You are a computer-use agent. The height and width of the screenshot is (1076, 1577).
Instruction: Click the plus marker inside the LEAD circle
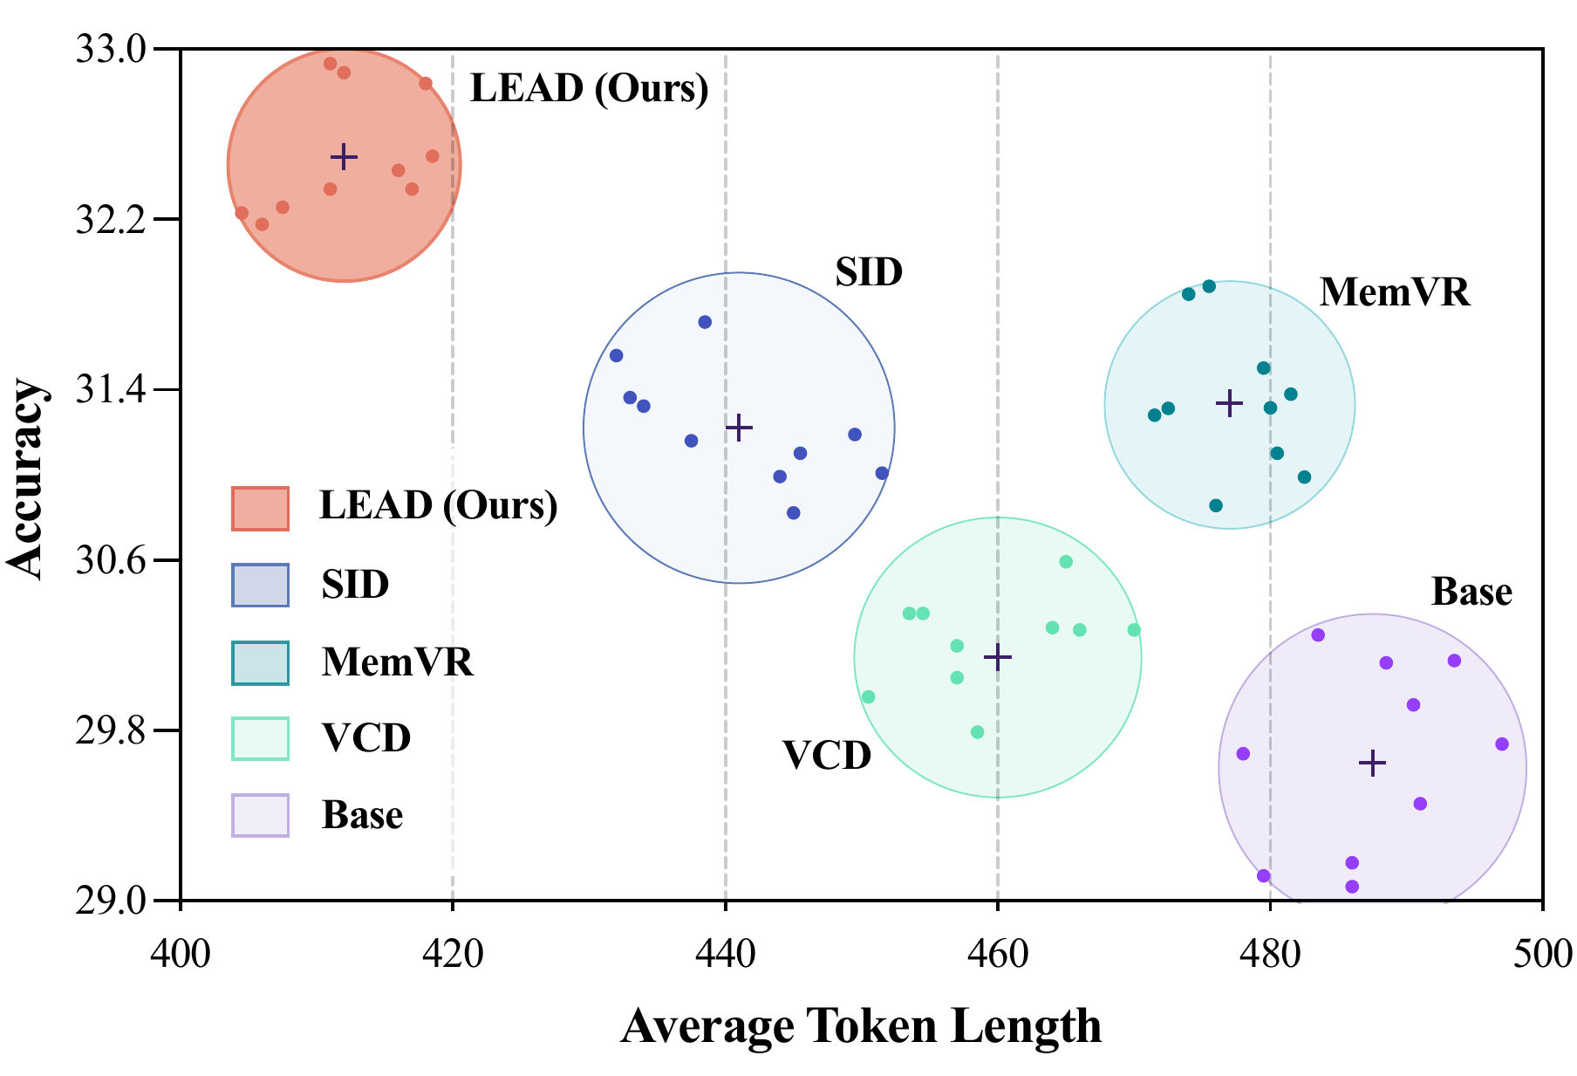[x=344, y=157]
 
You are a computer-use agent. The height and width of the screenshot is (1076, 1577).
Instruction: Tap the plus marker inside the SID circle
[x=739, y=428]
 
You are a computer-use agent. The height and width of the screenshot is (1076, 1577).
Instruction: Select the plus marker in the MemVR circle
[x=1229, y=403]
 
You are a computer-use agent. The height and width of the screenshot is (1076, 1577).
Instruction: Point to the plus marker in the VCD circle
[x=997, y=657]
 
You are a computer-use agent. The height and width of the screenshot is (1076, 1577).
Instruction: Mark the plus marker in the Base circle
[x=1372, y=764]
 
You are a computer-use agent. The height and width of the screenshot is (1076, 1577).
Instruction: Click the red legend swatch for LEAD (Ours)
[x=260, y=508]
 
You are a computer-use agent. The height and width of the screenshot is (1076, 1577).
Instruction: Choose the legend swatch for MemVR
[x=260, y=663]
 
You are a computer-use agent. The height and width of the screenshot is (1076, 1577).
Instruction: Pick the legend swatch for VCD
[x=260, y=739]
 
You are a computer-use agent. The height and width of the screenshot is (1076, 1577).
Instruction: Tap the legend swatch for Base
[x=260, y=815]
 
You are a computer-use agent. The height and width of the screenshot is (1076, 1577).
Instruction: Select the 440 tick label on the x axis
[x=725, y=953]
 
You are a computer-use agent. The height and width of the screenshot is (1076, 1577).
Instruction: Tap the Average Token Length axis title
[x=861, y=1026]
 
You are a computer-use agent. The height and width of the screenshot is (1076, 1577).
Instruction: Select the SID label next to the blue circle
[x=868, y=273]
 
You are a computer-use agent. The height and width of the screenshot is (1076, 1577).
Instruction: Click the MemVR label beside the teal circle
[x=1394, y=293]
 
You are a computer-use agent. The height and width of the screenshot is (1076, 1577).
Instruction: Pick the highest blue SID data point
[x=705, y=322]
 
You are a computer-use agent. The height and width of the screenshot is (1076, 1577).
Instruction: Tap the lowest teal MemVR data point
[x=1216, y=505]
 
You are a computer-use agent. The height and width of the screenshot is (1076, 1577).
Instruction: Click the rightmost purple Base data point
[x=1501, y=744]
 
